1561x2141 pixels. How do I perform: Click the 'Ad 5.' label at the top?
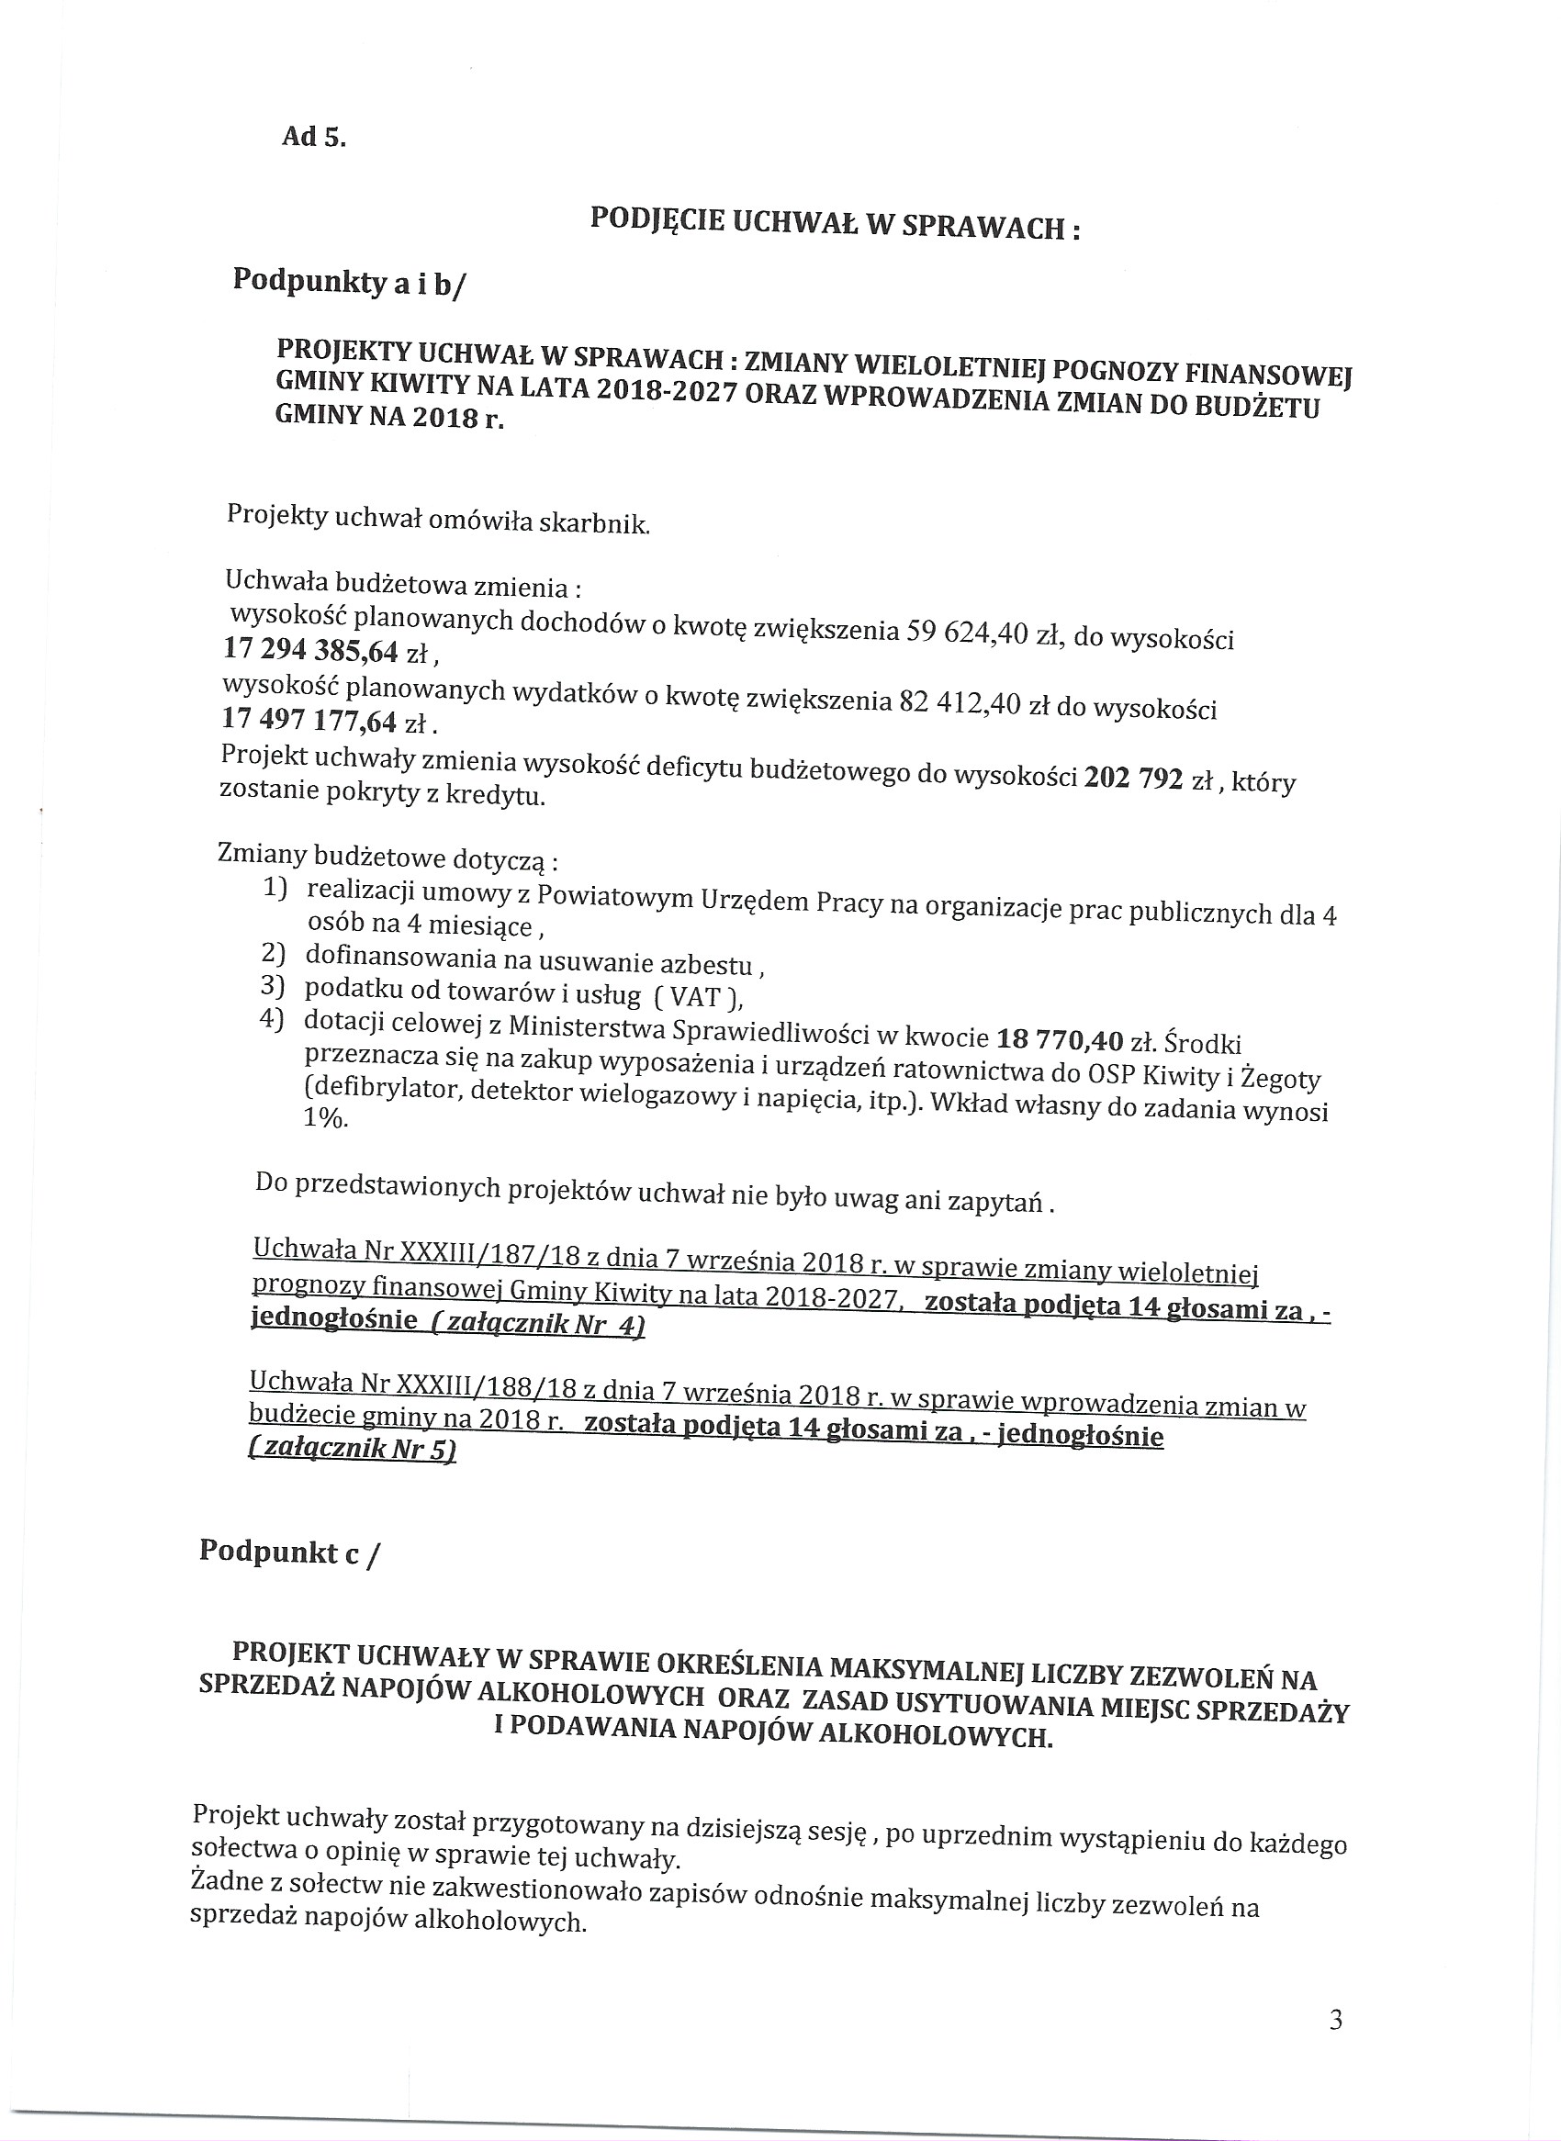pyautogui.click(x=314, y=137)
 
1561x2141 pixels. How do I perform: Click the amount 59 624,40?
pyautogui.click(x=966, y=631)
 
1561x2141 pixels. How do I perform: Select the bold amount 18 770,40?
pyautogui.click(x=1060, y=1040)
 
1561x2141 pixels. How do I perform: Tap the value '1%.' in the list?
pyautogui.click(x=325, y=1117)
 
